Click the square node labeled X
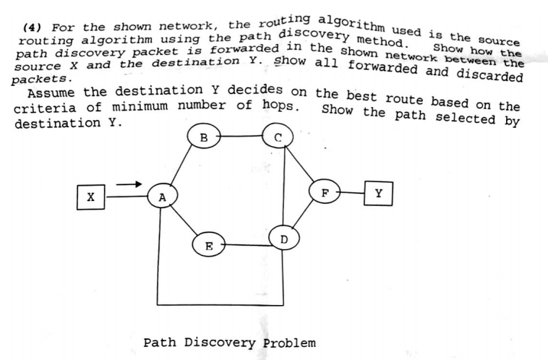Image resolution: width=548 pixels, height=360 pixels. [x=90, y=196]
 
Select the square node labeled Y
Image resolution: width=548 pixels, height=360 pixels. [x=379, y=194]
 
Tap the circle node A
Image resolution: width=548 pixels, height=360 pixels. [x=163, y=196]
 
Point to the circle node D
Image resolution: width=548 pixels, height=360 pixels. [x=283, y=237]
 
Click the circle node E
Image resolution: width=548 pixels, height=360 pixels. [x=209, y=245]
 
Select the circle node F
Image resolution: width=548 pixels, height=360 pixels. [x=325, y=194]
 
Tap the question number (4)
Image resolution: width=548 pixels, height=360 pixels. [x=33, y=27]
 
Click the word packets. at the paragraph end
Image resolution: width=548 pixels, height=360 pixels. [x=40, y=78]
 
